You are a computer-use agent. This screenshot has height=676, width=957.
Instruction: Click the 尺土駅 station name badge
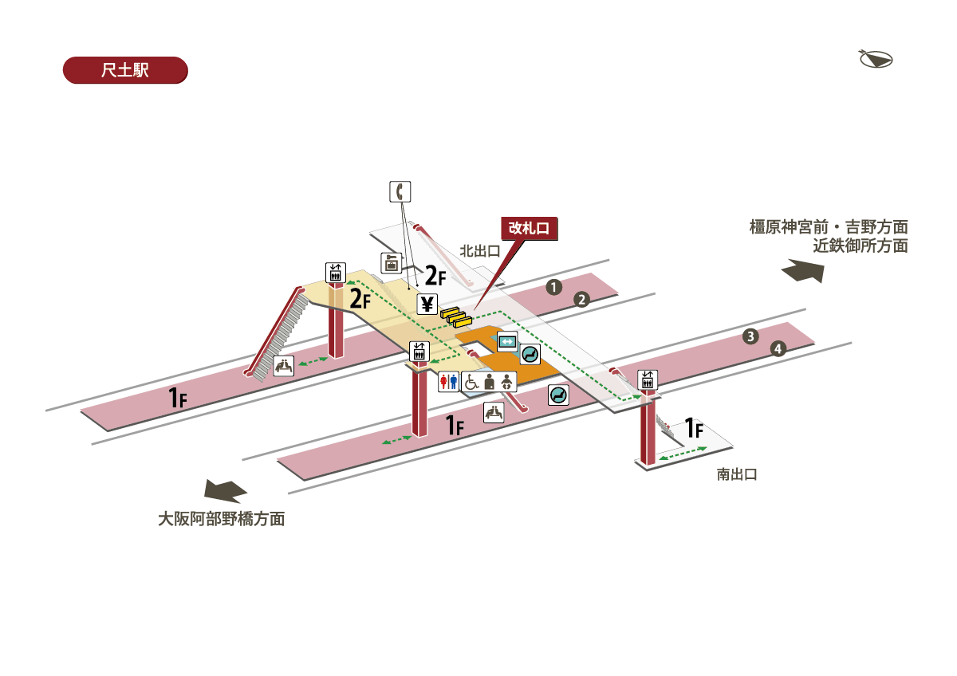[124, 70]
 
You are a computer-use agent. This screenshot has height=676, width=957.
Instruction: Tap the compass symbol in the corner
[875, 59]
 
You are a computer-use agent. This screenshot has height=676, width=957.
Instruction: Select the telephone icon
[400, 191]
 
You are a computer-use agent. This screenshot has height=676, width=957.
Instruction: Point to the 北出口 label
[479, 250]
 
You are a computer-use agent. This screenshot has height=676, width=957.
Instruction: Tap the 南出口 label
[736, 474]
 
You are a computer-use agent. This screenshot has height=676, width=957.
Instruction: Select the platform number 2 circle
[582, 300]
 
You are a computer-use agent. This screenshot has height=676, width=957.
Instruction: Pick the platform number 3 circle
[750, 336]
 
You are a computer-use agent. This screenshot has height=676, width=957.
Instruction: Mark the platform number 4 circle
[778, 348]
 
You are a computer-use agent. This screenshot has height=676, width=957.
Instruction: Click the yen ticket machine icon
[427, 303]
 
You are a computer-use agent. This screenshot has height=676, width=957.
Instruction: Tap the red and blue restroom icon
[449, 382]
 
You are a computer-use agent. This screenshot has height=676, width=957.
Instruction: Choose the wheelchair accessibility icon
[471, 382]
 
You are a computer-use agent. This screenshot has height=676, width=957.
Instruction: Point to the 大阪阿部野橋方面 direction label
[221, 519]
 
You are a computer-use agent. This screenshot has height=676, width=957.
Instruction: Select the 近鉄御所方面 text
[860, 246]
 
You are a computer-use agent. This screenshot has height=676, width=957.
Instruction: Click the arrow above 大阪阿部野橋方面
[226, 490]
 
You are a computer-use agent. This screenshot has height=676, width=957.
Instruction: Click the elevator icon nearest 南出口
[647, 380]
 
